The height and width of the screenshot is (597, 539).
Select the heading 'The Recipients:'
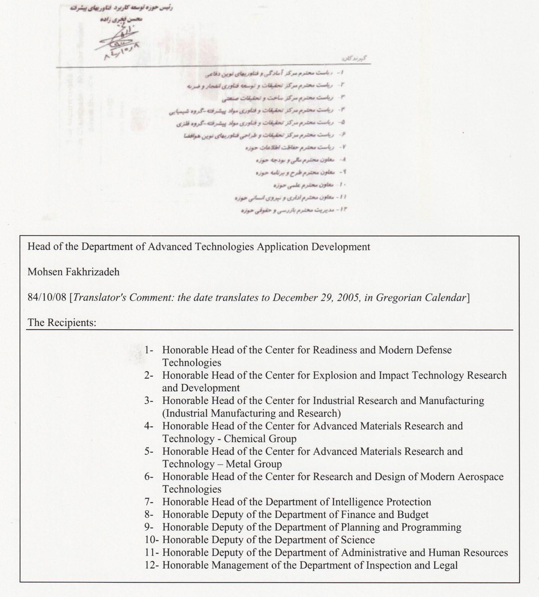click(x=62, y=322)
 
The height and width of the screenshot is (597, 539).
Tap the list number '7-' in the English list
click(x=149, y=502)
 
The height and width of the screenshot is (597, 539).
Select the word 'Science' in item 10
click(x=358, y=540)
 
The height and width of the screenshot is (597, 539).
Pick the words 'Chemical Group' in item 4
click(x=260, y=439)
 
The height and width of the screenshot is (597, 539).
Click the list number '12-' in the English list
click(x=152, y=565)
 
